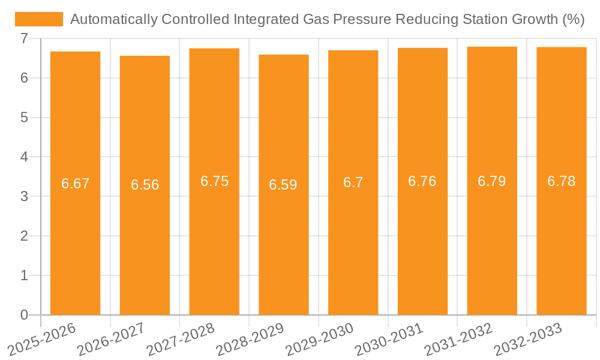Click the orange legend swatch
pos(39,19)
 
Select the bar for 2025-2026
pos(75,240)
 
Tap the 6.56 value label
pos(145,185)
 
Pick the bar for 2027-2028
pos(214,240)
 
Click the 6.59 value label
pos(283,185)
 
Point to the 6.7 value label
pos(353,182)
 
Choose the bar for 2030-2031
pos(422,240)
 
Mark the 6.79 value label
pos(491,181)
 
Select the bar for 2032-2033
pos(561,240)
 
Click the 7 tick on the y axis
pos(24,38)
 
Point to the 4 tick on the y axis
pos(24,157)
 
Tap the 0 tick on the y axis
pos(24,314)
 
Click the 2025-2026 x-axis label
pos(43,339)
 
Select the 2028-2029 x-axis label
pos(250,339)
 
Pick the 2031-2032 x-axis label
pos(459,339)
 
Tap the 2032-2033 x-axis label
pos(528,339)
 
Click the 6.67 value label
pos(75,184)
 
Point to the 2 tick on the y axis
pos(24,236)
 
